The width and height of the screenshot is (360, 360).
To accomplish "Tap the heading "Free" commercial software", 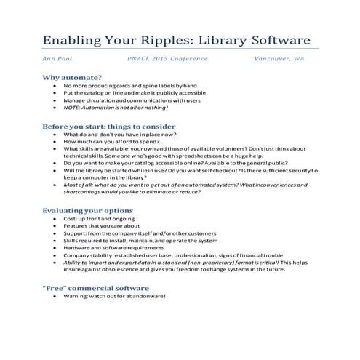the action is click(97, 288).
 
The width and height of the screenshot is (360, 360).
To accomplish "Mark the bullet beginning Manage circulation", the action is click(131, 100).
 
